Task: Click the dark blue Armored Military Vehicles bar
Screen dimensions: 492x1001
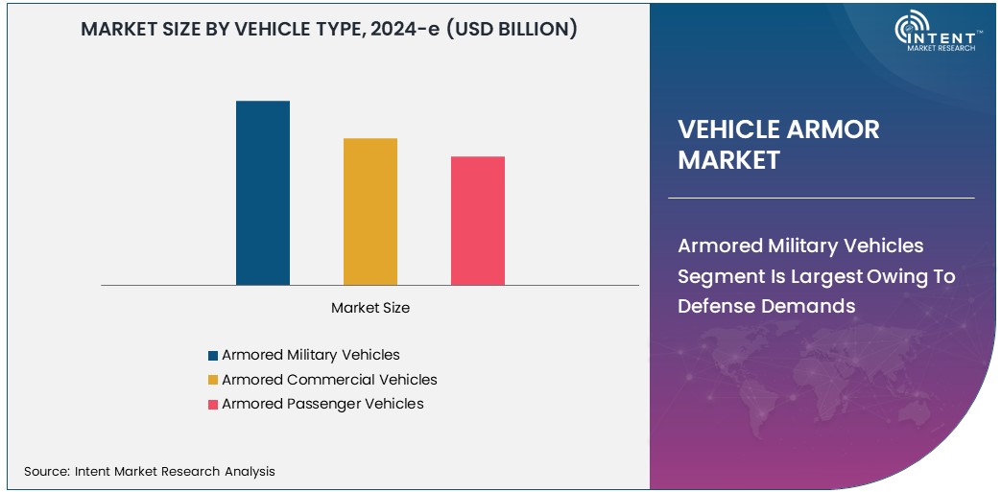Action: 263,193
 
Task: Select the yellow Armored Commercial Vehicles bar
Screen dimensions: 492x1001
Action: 370,212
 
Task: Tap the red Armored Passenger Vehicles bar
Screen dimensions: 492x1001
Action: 478,221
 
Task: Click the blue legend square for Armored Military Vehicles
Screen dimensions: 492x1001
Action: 213,356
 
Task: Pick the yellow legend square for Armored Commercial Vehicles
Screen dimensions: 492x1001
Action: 213,381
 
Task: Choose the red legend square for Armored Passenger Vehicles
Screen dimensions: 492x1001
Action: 213,405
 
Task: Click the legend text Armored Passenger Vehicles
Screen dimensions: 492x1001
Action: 322,404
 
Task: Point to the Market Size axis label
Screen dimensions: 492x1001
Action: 370,308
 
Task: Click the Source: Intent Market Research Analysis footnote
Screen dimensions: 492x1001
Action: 150,471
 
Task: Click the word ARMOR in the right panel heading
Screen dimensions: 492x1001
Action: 831,129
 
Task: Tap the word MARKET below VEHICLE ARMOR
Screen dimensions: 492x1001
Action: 728,160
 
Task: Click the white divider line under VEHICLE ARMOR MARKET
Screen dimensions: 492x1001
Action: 821,198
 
